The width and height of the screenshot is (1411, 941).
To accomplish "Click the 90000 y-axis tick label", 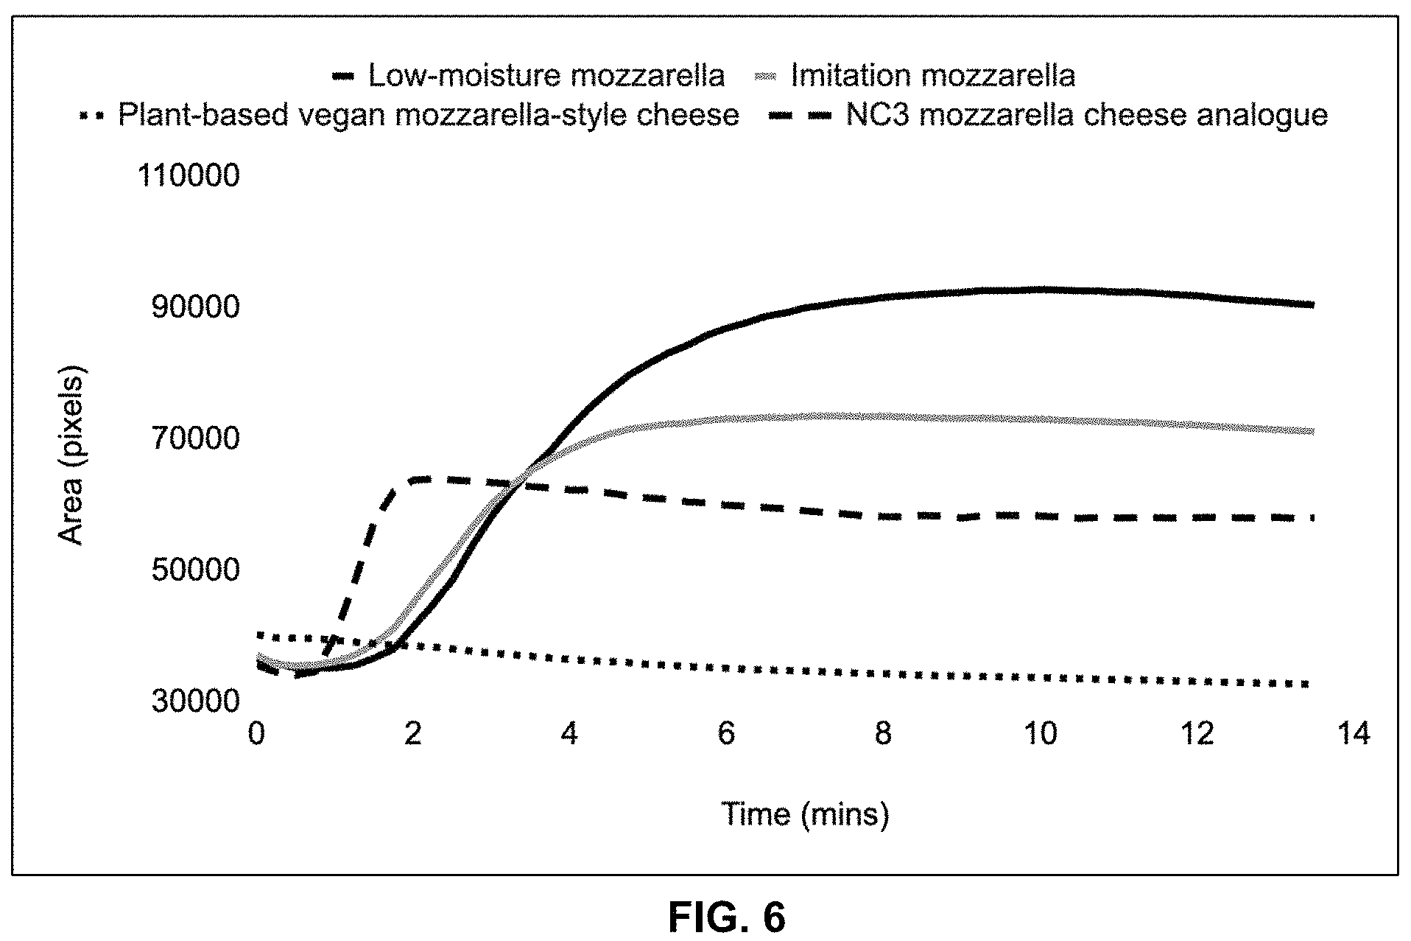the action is coord(196,307).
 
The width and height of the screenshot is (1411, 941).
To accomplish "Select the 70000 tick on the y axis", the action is coord(196,438).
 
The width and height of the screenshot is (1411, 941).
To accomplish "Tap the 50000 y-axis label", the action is coord(196,570).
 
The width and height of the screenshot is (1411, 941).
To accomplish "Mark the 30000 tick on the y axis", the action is coord(196,701).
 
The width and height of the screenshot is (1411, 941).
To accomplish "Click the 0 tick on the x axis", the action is coord(256,734).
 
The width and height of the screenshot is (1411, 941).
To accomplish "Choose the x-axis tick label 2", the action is coord(413,734).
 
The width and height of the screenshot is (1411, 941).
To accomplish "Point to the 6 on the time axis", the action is coord(727,734).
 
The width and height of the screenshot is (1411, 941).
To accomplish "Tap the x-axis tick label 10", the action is coord(1041,734).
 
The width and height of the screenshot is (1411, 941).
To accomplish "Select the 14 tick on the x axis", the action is coord(1354,734).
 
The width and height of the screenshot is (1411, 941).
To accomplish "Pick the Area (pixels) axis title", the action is coord(71,455).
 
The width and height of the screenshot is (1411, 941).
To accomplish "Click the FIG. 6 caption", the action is coord(727,917).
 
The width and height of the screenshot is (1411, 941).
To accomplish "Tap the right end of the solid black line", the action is coord(1312,304).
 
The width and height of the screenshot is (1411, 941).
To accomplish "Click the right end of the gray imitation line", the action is coord(1312,432).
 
